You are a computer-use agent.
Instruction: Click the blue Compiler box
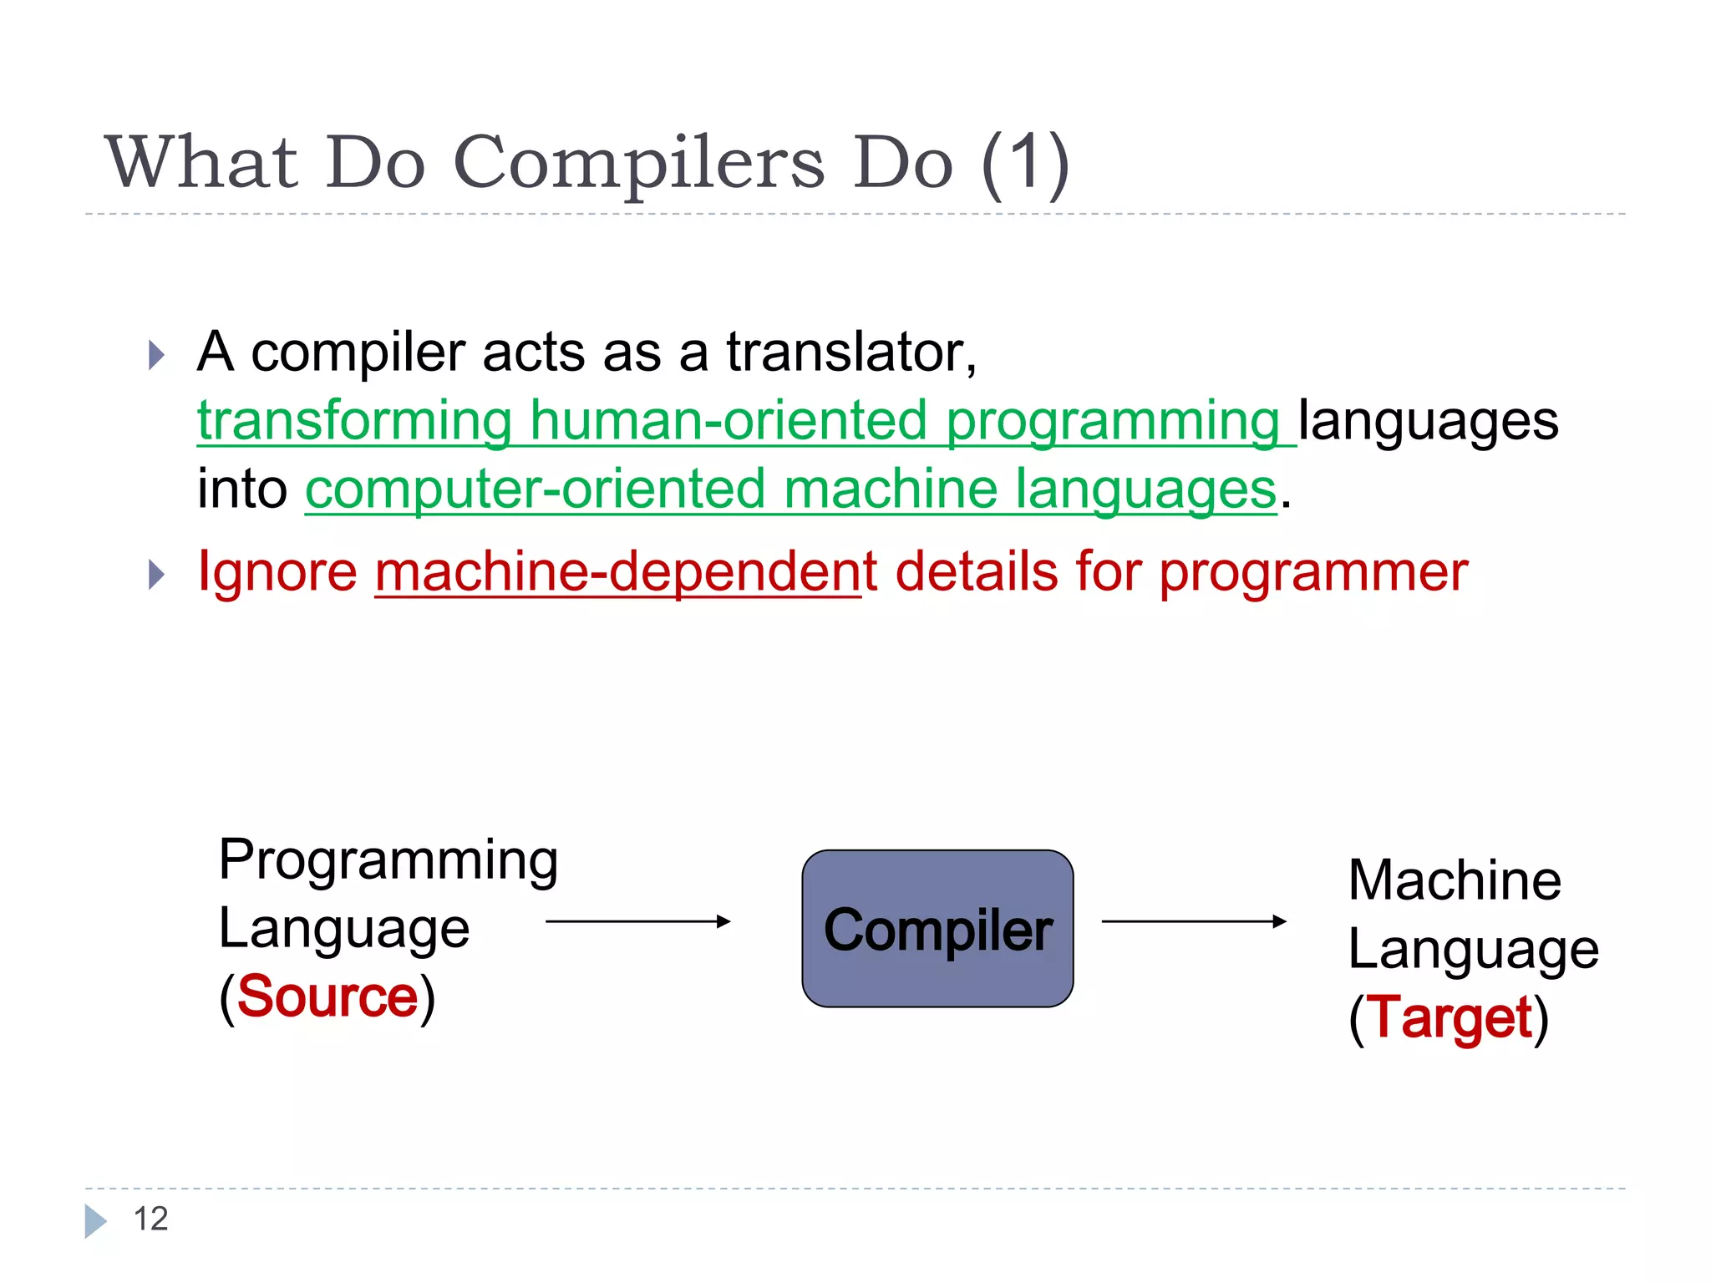pyautogui.click(x=937, y=929)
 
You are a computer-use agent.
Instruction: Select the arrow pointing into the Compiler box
pyautogui.click(x=637, y=921)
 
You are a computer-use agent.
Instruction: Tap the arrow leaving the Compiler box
pyautogui.click(x=1194, y=921)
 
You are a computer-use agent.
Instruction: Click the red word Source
pyautogui.click(x=327, y=996)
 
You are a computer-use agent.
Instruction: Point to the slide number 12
pyautogui.click(x=150, y=1219)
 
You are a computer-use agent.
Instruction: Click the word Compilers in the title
pyautogui.click(x=638, y=163)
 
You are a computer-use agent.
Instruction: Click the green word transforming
pyautogui.click(x=355, y=420)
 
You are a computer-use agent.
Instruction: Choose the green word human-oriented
pyautogui.click(x=729, y=420)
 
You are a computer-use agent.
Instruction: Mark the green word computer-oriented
pyautogui.click(x=535, y=489)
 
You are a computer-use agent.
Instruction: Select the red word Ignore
pyautogui.click(x=277, y=572)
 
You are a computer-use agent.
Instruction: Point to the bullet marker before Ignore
pyautogui.click(x=156, y=575)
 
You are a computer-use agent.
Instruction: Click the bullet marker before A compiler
pyautogui.click(x=156, y=355)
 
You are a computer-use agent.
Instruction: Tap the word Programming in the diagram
pyautogui.click(x=388, y=860)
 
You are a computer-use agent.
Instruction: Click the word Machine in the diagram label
pyautogui.click(x=1455, y=880)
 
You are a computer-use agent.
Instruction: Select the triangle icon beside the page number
pyautogui.click(x=95, y=1220)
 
